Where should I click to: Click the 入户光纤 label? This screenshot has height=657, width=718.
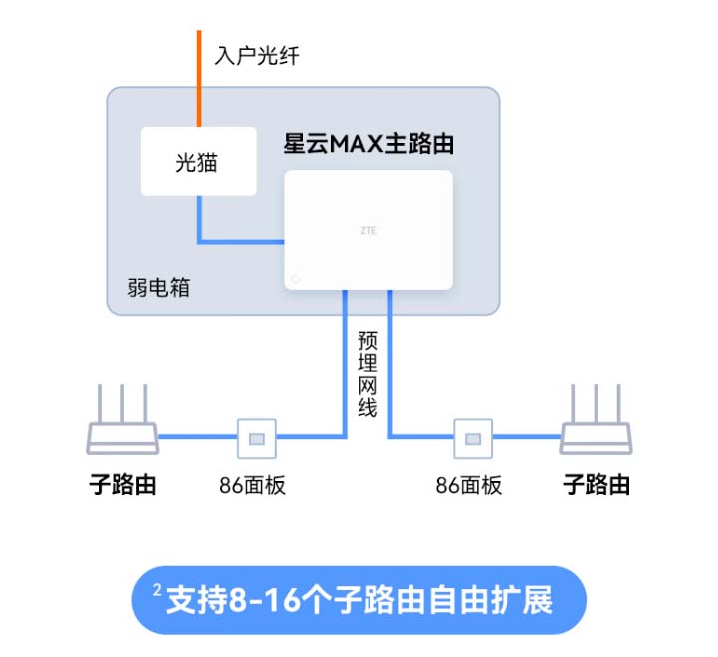(x=256, y=55)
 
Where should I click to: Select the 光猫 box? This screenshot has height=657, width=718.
(x=198, y=161)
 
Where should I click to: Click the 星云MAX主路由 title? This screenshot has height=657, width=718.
(x=369, y=145)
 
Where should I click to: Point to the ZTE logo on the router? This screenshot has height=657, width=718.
(x=368, y=230)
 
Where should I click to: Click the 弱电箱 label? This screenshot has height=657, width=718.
(x=159, y=287)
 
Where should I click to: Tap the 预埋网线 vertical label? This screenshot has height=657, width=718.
(x=367, y=372)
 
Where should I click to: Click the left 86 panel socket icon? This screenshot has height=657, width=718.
(x=254, y=436)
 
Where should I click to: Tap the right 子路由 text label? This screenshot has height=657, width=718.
(x=597, y=485)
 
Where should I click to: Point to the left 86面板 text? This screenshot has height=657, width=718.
(x=253, y=486)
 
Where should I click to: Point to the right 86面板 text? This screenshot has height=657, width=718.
(x=469, y=486)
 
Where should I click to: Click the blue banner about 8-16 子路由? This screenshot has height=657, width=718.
(x=359, y=600)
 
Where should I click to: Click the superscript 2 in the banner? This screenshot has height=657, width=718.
(x=157, y=591)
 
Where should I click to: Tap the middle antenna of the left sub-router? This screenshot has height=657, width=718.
(x=122, y=402)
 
